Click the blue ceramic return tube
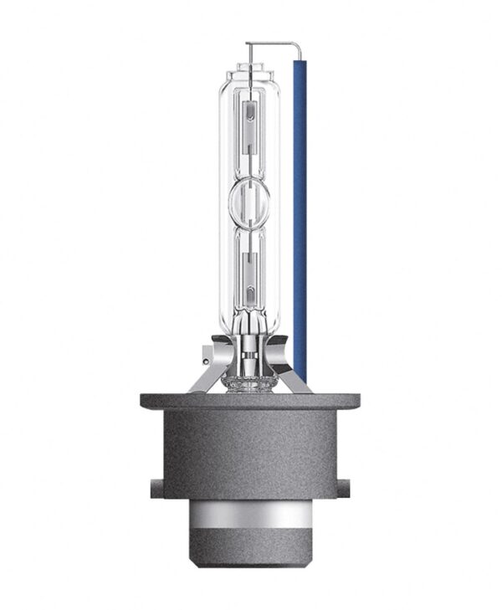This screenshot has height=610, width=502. [298, 209]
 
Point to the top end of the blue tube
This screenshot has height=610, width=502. [298, 64]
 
